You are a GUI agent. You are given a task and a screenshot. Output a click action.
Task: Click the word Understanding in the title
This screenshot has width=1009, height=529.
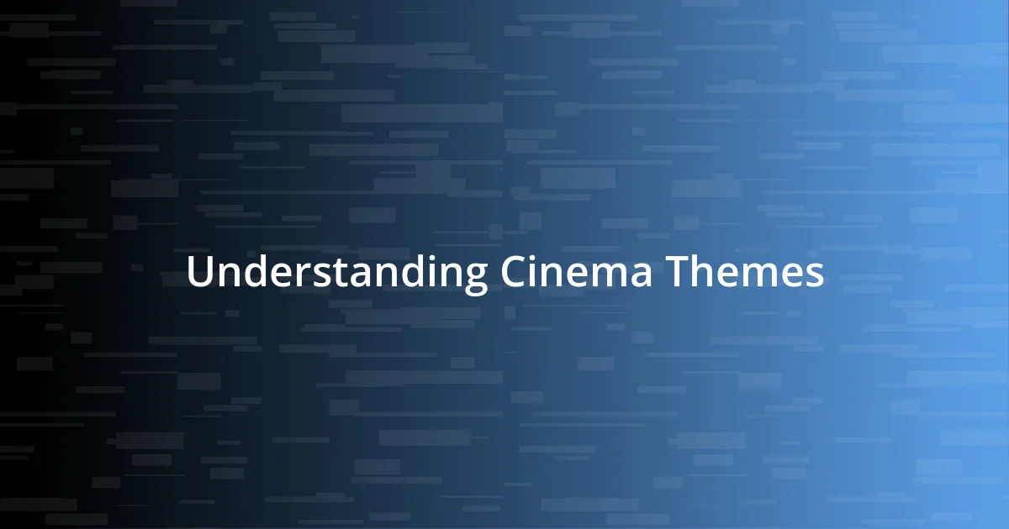[x=336, y=272]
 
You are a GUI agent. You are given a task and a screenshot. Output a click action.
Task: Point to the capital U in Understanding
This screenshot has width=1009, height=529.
[x=199, y=272]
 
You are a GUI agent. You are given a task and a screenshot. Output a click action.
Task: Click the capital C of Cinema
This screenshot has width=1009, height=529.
[x=514, y=272]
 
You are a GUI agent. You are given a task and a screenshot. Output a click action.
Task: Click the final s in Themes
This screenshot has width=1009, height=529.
[x=814, y=275]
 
